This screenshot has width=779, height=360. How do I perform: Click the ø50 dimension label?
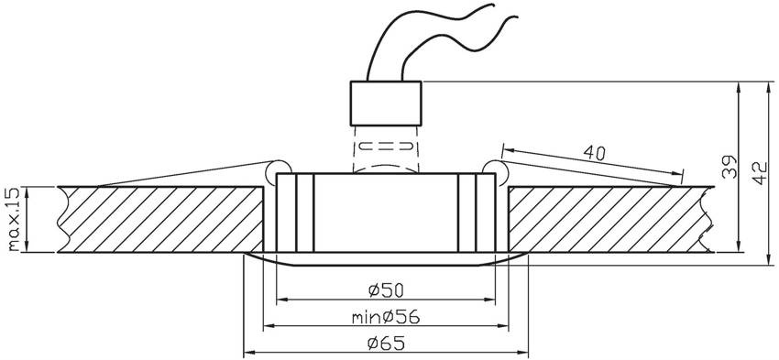pyautogui.click(x=386, y=290)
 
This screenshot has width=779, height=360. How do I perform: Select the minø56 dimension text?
pyautogui.click(x=386, y=317)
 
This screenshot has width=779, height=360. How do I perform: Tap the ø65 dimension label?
pyautogui.click(x=386, y=343)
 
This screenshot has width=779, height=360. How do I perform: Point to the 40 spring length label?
pyautogui.click(x=594, y=153)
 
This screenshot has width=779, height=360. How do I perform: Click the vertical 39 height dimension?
pyautogui.click(x=730, y=167)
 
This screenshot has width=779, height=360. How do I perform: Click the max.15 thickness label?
pyautogui.click(x=14, y=219)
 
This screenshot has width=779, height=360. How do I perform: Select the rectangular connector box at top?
pyautogui.click(x=386, y=103)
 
